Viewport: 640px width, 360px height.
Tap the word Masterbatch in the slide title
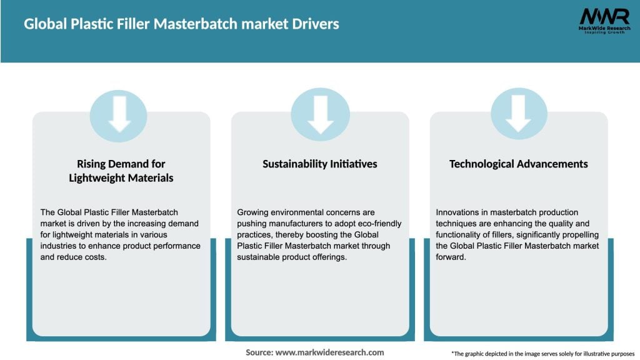203,24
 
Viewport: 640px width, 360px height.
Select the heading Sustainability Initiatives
320,164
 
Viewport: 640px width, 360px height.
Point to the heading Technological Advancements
518,164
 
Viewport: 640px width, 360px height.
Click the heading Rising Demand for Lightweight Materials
121,171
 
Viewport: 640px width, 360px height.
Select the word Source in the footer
259,352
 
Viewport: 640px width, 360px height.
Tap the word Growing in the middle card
254,212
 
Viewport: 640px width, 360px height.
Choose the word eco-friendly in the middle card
379,224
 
